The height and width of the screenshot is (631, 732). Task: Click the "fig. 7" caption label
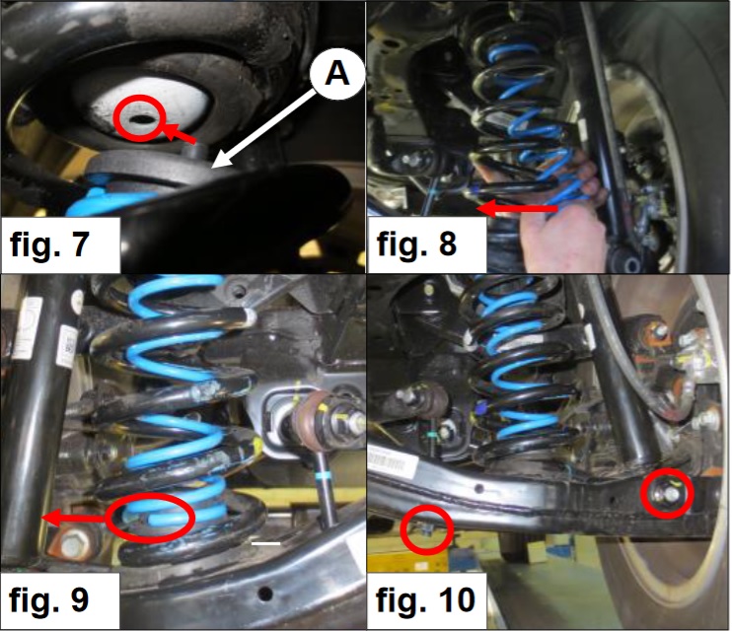(x=49, y=244)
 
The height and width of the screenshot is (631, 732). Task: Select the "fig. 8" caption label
(x=416, y=244)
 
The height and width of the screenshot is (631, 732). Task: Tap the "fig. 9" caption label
(x=48, y=599)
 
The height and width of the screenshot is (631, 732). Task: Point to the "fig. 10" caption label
(x=425, y=599)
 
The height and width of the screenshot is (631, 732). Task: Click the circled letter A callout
(x=337, y=74)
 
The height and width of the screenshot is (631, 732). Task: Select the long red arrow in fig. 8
(x=518, y=208)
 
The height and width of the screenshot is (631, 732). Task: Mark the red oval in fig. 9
(x=150, y=518)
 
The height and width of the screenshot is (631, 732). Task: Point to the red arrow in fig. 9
(x=74, y=518)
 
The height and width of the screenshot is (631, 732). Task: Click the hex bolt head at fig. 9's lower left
(x=72, y=545)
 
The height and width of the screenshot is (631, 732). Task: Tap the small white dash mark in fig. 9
(x=265, y=543)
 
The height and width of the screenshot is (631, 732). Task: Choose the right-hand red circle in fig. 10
(x=667, y=493)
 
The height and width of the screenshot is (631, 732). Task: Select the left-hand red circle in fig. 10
(x=427, y=529)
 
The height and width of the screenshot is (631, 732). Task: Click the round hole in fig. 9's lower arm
(x=265, y=594)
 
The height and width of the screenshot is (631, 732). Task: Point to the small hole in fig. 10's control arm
(x=478, y=489)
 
